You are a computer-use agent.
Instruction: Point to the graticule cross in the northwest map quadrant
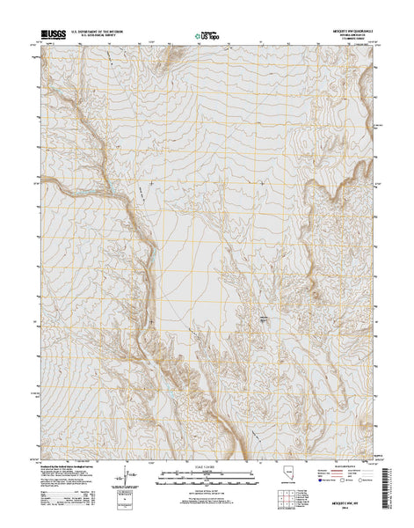coord(151,182)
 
